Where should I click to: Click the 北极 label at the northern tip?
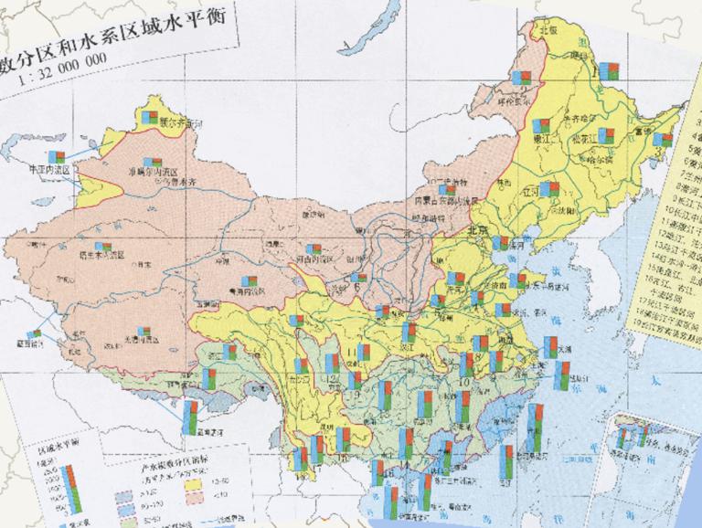coord(548,29)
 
